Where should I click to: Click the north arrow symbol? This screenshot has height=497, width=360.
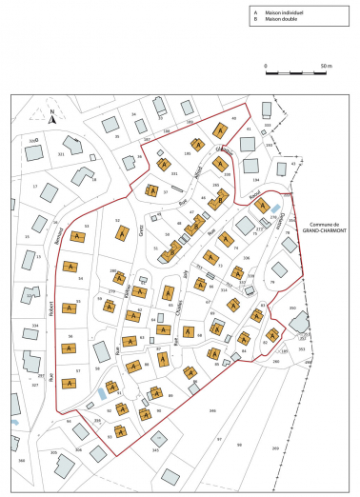coord(53,117)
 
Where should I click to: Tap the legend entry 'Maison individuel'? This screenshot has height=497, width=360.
coord(282,10)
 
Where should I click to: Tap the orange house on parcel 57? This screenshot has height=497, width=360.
coord(70,383)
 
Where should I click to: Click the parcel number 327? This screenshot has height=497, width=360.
coord(35,386)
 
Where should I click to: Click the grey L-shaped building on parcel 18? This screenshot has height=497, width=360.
coord(84,176)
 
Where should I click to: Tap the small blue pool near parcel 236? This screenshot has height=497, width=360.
coord(275,208)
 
